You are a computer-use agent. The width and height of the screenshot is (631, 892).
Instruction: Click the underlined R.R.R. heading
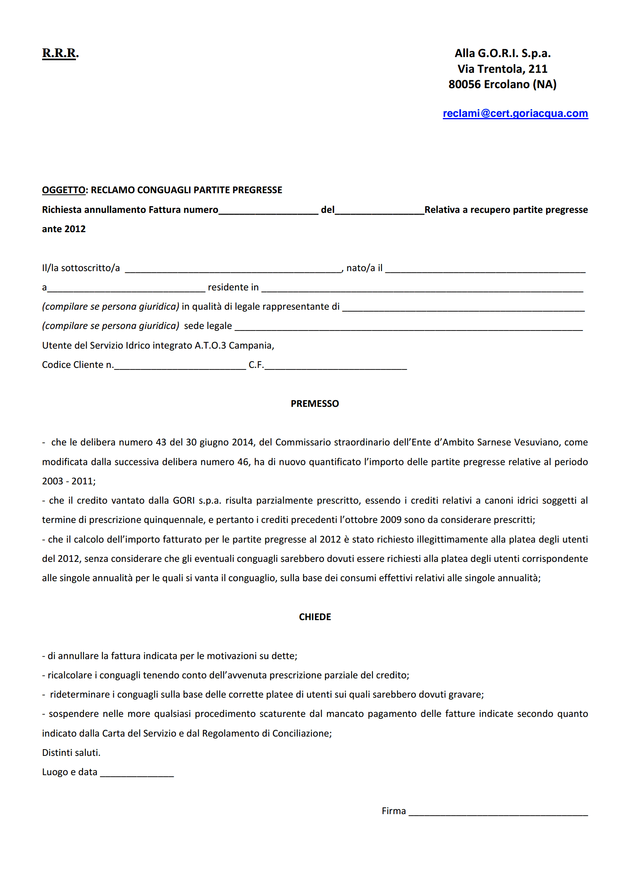coord(60,53)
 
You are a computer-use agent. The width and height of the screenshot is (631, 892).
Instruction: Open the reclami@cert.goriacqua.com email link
coord(515,113)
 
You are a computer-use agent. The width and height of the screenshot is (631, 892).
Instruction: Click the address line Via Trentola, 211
coord(502,69)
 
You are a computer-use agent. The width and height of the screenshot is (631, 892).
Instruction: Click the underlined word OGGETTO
coord(63,190)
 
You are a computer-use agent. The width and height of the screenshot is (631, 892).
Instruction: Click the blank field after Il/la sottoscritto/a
coord(233,269)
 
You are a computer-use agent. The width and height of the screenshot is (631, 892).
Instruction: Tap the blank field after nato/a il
coord(485,269)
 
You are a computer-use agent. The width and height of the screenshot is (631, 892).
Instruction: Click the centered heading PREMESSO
coord(315,404)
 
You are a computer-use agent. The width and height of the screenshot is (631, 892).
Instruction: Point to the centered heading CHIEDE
coord(315,617)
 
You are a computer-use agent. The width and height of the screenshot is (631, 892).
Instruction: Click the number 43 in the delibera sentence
coord(161,442)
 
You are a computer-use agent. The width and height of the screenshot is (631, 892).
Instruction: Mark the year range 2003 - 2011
coord(68,481)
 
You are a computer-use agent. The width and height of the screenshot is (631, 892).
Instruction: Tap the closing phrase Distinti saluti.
coord(71,753)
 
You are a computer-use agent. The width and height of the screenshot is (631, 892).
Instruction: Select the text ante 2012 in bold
coord(64,229)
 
